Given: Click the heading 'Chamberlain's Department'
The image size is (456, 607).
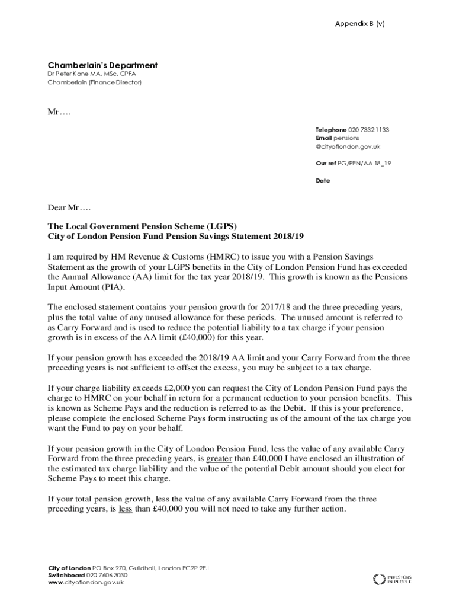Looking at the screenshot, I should pyautogui.click(x=102, y=65).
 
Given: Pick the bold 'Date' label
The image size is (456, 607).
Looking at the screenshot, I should pyautogui.click(x=322, y=181).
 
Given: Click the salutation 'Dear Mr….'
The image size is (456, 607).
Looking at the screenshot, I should pyautogui.click(x=70, y=207).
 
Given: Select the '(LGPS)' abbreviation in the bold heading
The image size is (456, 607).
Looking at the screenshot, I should pyautogui.click(x=219, y=227).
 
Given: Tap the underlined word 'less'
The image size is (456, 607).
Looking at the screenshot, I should pyautogui.click(x=125, y=509).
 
